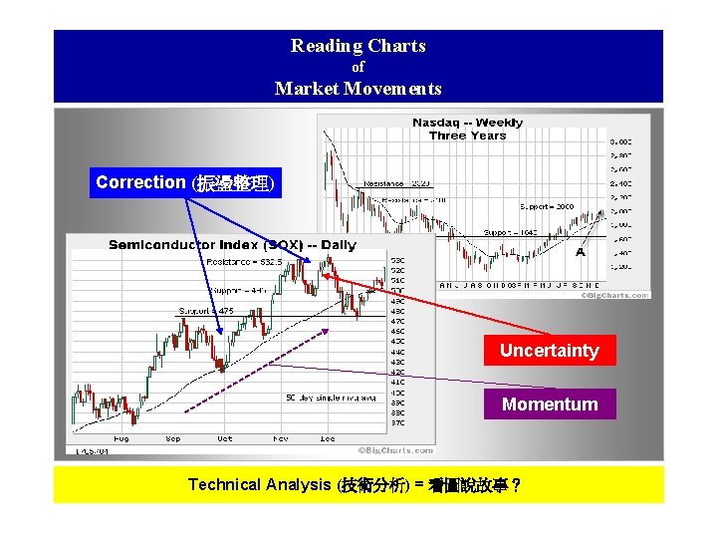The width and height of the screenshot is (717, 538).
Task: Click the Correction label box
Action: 185,183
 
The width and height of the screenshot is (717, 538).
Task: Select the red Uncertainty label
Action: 549,351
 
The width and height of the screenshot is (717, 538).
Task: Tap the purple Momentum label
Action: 549,404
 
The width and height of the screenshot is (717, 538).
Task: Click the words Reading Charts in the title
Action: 358,46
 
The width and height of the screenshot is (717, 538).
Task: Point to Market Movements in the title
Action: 358,89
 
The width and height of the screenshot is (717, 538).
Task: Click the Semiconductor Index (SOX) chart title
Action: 231,245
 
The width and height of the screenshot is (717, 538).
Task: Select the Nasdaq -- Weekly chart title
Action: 467,123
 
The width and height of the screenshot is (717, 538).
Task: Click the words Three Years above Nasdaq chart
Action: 467,135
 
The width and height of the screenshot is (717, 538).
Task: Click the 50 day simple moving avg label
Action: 331,398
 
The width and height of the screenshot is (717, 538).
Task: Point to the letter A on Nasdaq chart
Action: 581,253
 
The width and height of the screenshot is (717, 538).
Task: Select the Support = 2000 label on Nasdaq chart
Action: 547,206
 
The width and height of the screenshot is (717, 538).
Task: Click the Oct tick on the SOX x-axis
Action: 225,438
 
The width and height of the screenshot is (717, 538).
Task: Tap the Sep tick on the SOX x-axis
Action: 172,438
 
